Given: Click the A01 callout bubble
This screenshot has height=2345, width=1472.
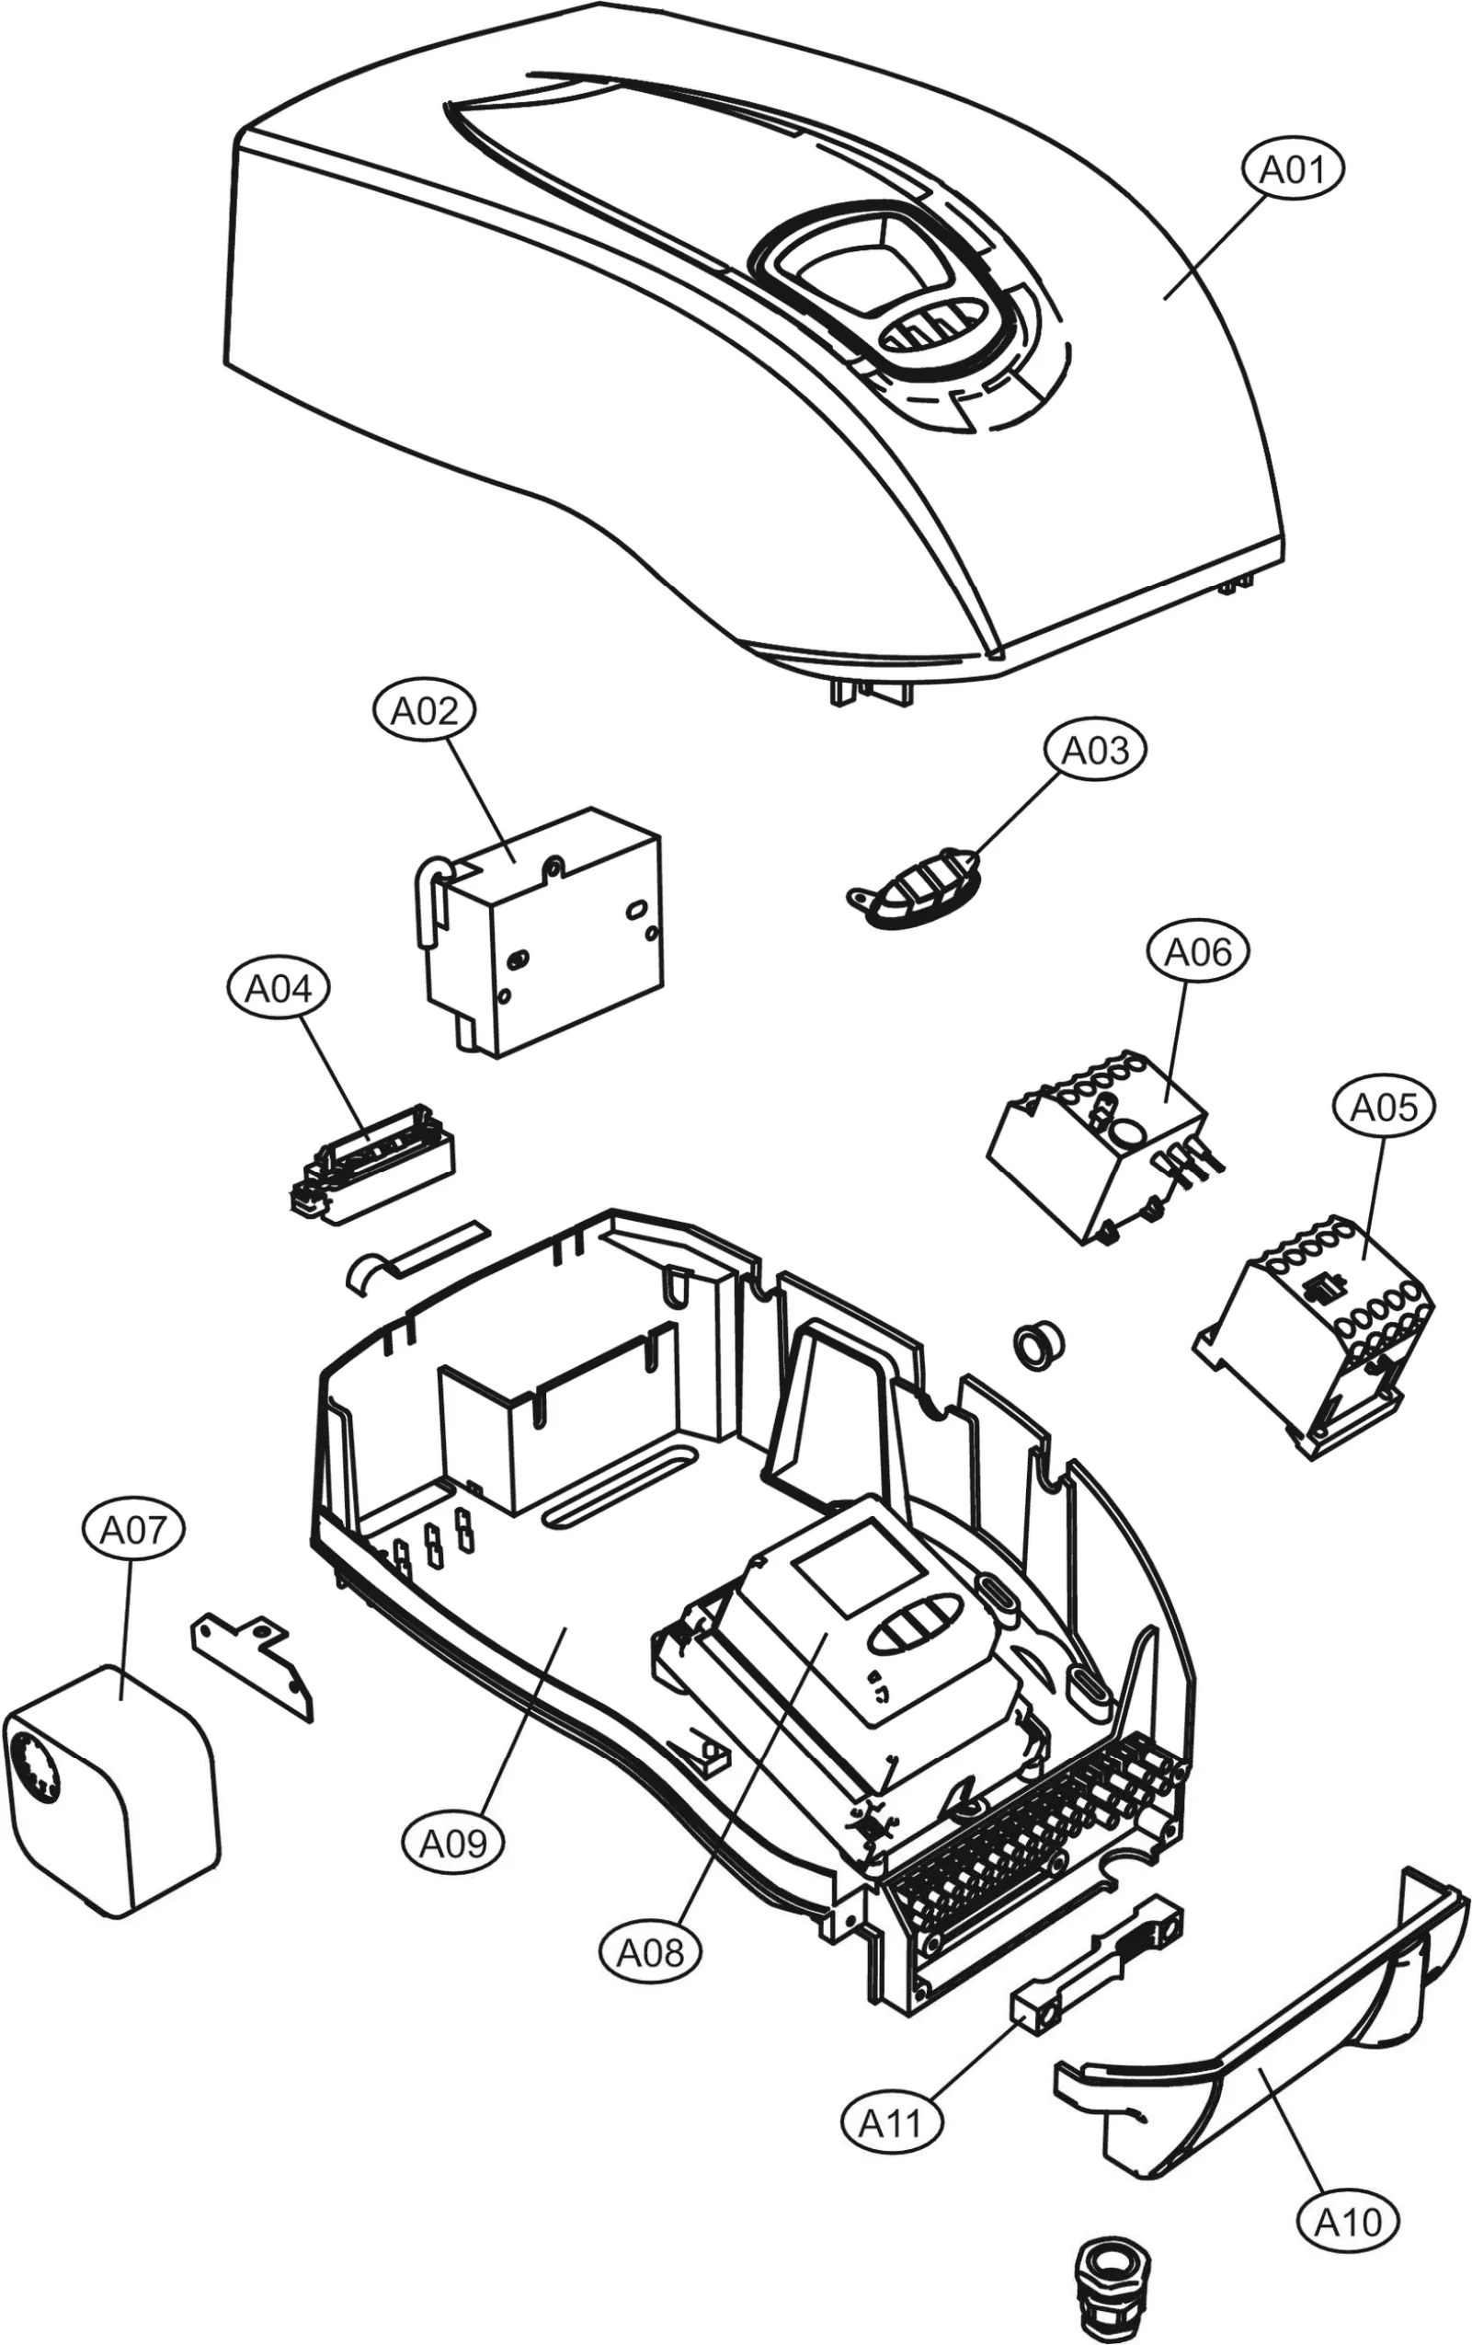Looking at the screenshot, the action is (1293, 169).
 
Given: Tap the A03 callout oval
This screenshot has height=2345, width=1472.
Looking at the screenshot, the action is (1095, 750).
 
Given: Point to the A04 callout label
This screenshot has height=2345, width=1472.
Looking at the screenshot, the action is (279, 988).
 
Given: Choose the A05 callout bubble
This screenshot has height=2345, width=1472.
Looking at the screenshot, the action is (1384, 1107).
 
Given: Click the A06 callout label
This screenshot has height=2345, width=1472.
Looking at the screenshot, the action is (1197, 951).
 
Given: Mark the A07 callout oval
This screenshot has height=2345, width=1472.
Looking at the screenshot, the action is (133, 1530).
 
